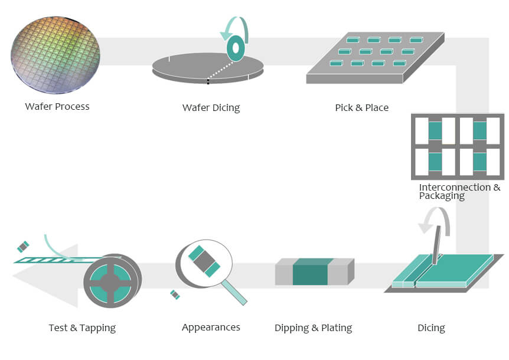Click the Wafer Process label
57,107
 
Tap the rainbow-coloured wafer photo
56,55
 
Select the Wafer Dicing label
211,108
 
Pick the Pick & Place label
361,108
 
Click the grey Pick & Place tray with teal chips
375,60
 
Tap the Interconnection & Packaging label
459,191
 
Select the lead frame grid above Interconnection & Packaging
458,146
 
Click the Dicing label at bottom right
431,328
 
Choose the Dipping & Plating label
313,328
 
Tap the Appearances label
211,328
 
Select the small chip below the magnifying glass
175,294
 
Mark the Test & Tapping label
82,328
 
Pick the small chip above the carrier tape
23,246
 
